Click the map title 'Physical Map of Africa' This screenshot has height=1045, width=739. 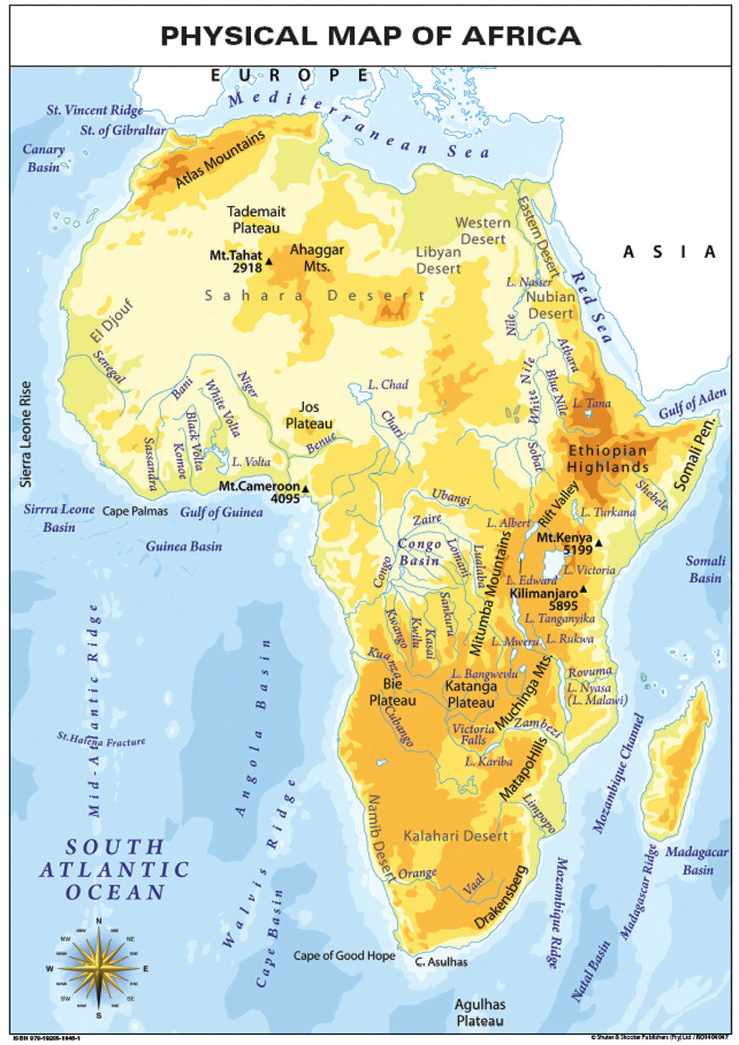click(x=370, y=36)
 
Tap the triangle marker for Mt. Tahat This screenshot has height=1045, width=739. click(x=269, y=261)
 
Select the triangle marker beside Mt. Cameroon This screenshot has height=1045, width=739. click(x=306, y=490)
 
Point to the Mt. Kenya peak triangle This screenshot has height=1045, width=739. click(x=598, y=542)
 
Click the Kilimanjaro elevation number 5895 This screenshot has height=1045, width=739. click(x=563, y=605)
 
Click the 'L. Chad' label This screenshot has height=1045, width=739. click(x=388, y=385)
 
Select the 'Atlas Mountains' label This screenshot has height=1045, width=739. click(x=220, y=160)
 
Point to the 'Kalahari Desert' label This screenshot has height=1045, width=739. click(x=455, y=836)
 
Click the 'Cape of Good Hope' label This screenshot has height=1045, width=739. click(x=344, y=955)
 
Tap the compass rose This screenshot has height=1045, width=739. click(x=99, y=968)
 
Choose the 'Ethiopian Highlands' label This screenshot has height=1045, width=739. click(x=608, y=458)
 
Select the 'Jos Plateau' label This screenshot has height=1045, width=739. click(x=309, y=415)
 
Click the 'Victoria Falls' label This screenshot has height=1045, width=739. click(x=473, y=734)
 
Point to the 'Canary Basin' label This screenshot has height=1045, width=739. click(x=44, y=158)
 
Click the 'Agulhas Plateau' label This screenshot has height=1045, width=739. click(x=480, y=1012)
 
